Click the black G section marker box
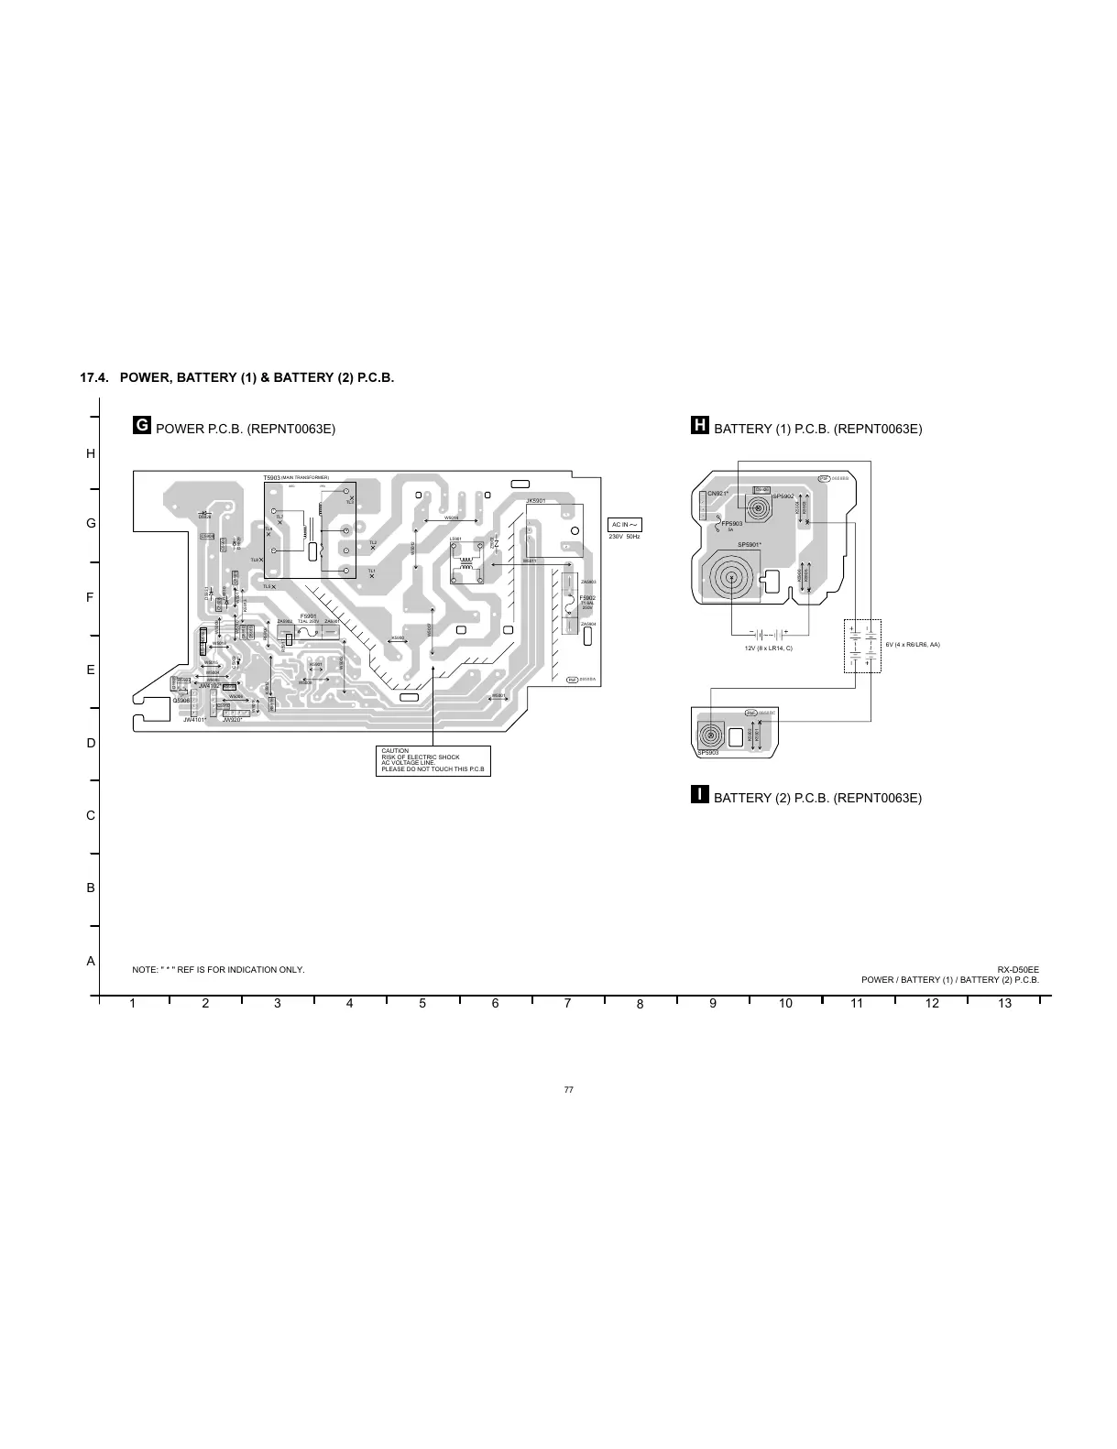pos(141,426)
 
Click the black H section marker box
pos(699,426)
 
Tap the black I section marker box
pos(699,794)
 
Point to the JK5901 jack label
pos(536,501)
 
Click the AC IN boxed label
pos(625,525)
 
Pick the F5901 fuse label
pos(308,616)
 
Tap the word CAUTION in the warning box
pos(395,751)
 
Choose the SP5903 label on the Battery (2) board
pos(706,753)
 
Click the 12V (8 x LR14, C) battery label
pos(768,648)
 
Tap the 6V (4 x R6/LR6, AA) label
pos(913,645)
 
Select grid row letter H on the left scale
pos(91,453)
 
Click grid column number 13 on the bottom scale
pos(1004,1003)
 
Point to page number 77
pos(568,1089)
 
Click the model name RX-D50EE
pos(1018,969)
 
